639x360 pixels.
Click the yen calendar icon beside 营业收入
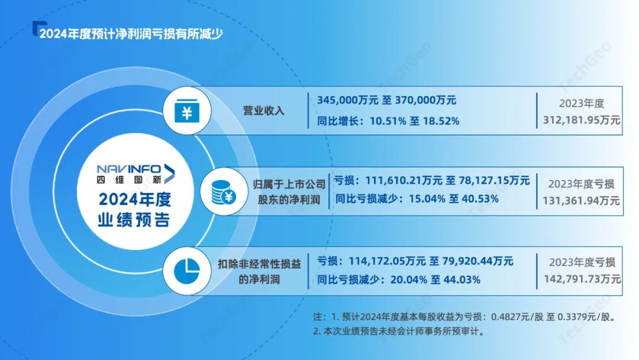point(187,111)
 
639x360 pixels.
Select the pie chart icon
point(187,271)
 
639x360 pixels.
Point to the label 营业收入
point(264,111)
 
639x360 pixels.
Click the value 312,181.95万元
point(582,120)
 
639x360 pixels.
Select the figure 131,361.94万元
point(581,201)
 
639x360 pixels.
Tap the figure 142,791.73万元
point(582,279)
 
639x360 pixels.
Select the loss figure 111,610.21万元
point(404,180)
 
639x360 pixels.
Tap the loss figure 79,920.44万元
point(477,261)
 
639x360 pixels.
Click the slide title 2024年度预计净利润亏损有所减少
point(131,34)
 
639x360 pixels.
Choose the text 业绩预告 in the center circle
point(134,220)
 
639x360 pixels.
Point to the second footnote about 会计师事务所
point(400,331)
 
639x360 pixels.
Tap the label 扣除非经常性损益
point(259,263)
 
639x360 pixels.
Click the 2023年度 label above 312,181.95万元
point(582,104)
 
